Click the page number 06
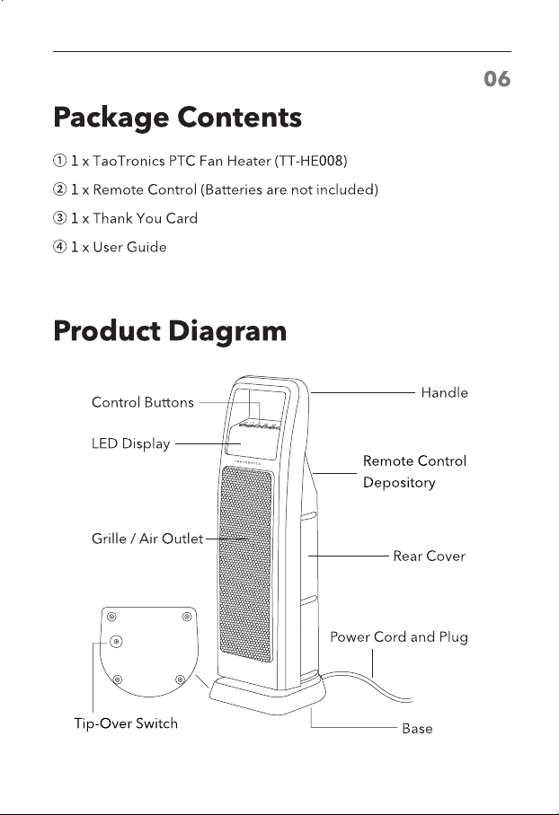coord(497,79)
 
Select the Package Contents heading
coord(177,118)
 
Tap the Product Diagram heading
coord(170,331)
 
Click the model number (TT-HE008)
coord(311,162)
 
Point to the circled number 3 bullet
coord(59,218)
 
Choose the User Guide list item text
coord(129,247)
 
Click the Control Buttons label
coord(143,402)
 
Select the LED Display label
coord(130,444)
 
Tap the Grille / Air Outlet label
coord(147,539)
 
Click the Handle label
coord(445,393)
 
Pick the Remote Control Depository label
coord(414,471)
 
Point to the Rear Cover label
coord(429,556)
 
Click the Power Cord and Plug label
coord(399,637)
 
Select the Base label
coord(417,729)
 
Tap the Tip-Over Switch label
coord(126,723)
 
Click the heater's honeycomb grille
coord(245,564)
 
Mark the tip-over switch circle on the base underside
coord(116,642)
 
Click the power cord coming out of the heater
coord(364,682)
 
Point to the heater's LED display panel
coord(251,443)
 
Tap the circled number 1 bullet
coord(59,162)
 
